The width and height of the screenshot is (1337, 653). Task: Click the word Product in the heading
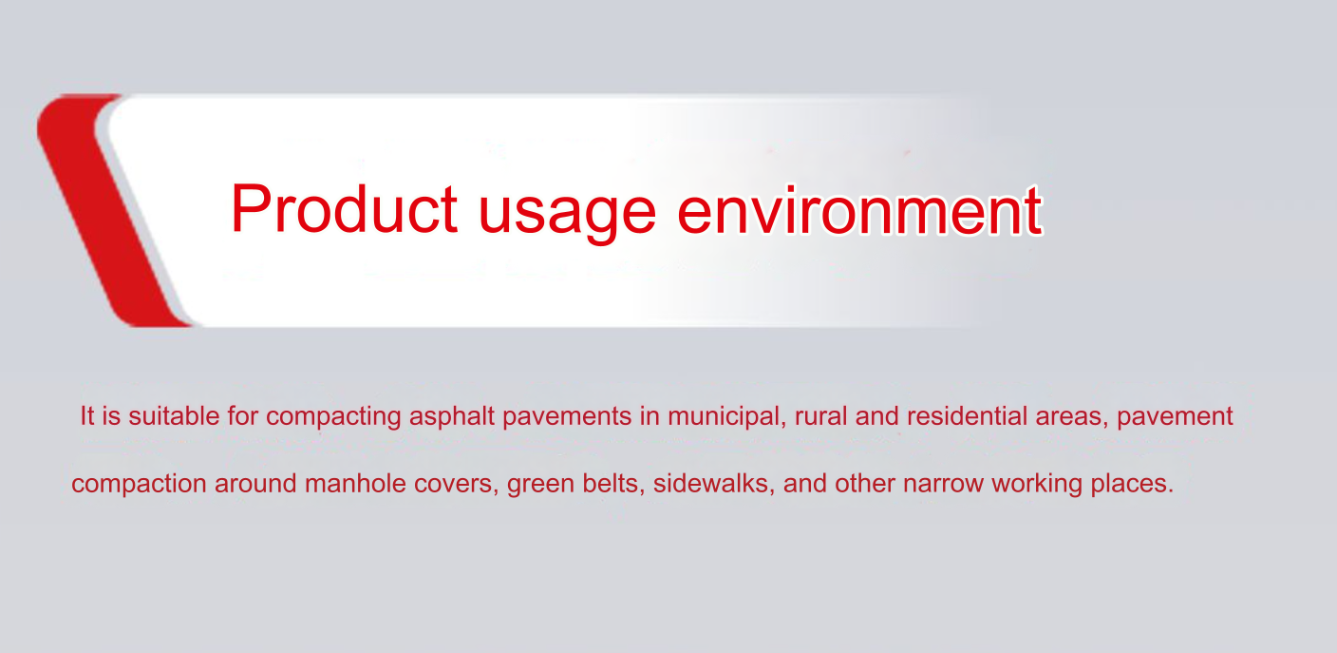pos(345,208)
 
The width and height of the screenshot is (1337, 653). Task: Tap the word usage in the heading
pos(567,215)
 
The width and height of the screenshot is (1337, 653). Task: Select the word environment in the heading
pos(859,210)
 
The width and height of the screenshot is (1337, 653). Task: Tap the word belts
pos(613,483)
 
